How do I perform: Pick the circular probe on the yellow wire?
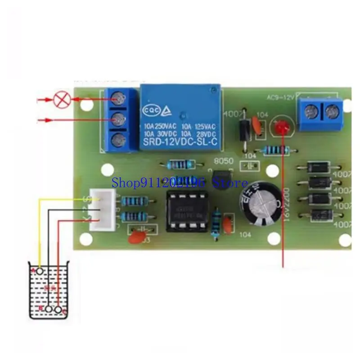[40, 271]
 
